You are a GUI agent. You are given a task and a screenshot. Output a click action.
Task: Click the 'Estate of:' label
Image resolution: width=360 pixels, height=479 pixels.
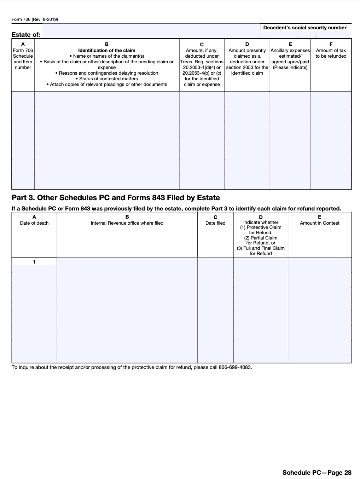26,35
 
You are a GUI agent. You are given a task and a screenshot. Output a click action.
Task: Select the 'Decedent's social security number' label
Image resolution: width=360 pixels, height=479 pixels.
305,28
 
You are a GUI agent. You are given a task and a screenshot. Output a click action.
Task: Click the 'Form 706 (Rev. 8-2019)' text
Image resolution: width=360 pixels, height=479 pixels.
35,19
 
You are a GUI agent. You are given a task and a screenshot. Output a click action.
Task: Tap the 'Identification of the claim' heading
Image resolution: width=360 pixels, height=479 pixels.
107,51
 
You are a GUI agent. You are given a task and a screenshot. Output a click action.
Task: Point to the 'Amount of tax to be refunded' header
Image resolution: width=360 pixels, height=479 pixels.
331,53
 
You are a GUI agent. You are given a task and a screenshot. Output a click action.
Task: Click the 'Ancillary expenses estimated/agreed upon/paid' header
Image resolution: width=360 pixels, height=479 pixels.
290,59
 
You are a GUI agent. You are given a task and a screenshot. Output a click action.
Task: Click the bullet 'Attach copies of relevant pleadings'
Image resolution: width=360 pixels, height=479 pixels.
107,85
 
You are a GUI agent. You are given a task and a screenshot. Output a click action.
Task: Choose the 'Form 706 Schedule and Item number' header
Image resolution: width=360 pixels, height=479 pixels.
23,59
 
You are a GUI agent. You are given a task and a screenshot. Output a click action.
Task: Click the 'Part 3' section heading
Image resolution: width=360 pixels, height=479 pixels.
116,198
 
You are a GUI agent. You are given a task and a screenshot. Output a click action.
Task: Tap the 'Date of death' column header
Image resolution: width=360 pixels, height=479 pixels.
34,223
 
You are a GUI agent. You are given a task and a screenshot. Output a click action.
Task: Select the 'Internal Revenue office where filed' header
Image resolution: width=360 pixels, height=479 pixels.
127,223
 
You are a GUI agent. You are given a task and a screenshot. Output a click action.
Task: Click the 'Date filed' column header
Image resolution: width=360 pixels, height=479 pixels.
215,223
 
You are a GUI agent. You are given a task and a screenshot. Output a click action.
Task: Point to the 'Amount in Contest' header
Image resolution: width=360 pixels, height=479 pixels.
320,223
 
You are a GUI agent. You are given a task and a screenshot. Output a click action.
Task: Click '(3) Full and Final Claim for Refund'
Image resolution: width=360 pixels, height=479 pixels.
261,251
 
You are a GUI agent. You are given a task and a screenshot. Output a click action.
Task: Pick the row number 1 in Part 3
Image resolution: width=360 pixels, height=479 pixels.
34,262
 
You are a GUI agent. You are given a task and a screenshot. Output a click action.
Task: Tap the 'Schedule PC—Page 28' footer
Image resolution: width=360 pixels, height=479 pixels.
317,473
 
